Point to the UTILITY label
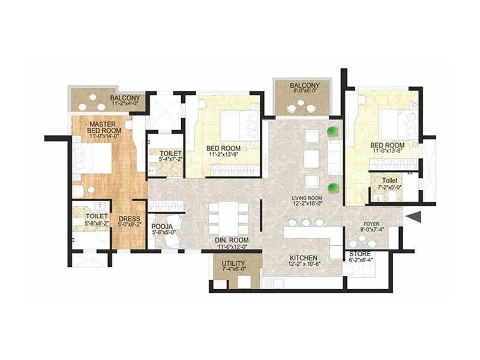(233, 263)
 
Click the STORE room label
(360, 254)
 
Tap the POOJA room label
(163, 226)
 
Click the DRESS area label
(129, 218)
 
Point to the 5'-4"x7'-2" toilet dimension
(166, 160)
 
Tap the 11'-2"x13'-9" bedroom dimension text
(223, 155)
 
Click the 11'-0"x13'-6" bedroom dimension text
(386, 152)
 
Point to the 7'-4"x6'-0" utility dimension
(233, 271)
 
